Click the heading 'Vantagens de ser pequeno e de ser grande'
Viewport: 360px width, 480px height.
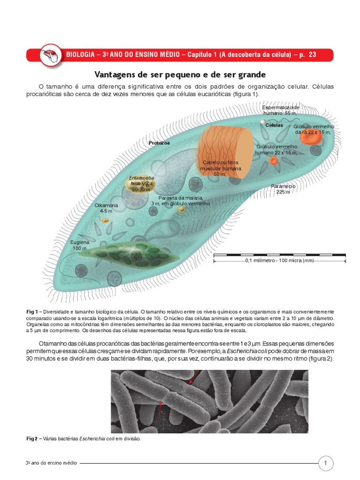[180, 75]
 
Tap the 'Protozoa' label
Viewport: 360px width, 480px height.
[159, 142]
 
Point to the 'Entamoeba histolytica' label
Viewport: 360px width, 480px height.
[142, 184]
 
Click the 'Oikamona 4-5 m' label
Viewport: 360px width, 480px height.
[106, 208]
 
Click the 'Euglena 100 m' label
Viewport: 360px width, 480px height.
[79, 245]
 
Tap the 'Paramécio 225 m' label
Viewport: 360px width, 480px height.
[283, 189]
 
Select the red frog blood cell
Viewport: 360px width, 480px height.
[311, 137]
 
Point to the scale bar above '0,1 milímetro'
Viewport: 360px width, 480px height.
[279, 255]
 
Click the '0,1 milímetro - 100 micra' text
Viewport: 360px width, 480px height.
[279, 261]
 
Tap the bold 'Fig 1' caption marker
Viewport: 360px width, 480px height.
[32, 312]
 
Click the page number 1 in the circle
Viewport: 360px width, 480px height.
[325, 464]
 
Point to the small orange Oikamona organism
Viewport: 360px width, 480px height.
[106, 220]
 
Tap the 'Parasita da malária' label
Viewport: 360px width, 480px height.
[180, 201]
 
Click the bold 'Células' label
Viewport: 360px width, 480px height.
[274, 126]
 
